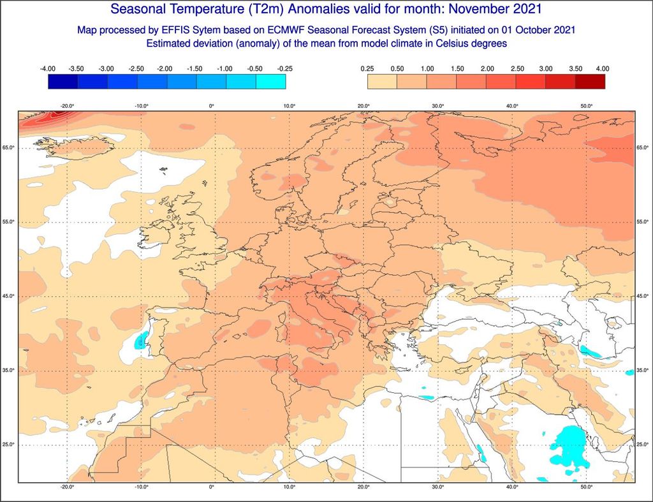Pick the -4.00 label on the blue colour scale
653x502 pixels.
click(48, 68)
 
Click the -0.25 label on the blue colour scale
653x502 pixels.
click(285, 68)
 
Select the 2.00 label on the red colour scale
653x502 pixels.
click(486, 68)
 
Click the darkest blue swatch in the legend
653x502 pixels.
click(62, 81)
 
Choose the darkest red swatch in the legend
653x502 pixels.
click(590, 81)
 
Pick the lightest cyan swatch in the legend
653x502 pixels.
click(270, 81)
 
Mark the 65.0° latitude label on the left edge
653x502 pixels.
click(9, 148)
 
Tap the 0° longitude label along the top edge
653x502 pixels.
click(212, 106)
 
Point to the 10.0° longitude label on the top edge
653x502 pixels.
click(289, 106)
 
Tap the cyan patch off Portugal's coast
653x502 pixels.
click(140, 341)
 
